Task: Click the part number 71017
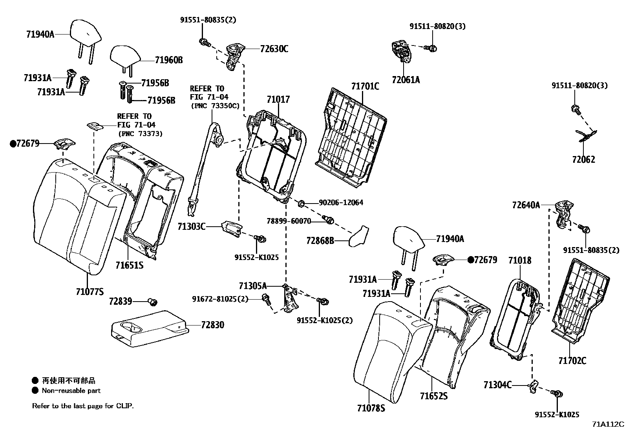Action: tap(278, 100)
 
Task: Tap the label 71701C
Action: tap(365, 86)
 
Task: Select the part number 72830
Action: tap(213, 325)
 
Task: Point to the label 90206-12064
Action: tap(341, 202)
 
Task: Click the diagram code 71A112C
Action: tap(608, 424)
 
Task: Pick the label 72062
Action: tap(584, 160)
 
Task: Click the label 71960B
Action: tap(169, 60)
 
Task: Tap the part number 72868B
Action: tap(320, 240)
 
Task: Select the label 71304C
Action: tap(497, 385)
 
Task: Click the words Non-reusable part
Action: tap(71, 391)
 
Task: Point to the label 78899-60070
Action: tap(289, 221)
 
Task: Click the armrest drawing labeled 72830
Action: tap(150, 329)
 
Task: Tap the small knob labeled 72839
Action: tap(153, 302)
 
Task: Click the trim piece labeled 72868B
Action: tap(359, 236)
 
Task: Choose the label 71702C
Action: tap(572, 361)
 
